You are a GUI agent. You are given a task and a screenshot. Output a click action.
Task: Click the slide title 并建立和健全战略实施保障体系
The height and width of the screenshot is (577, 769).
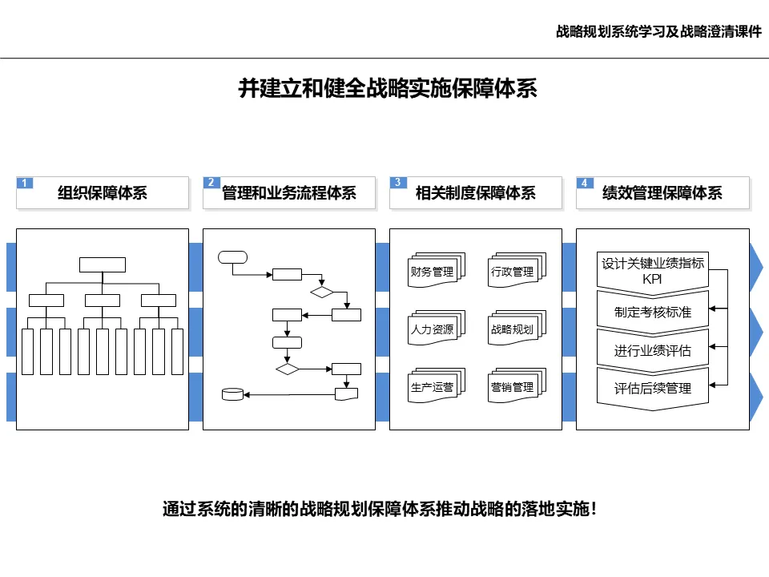click(x=388, y=88)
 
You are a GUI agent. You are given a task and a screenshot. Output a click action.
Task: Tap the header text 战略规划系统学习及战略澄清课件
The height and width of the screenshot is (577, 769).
click(x=658, y=33)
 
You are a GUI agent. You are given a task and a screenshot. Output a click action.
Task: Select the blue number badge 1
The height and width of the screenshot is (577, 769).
click(x=25, y=183)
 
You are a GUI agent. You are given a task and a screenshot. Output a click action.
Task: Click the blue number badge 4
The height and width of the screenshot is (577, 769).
click(x=585, y=183)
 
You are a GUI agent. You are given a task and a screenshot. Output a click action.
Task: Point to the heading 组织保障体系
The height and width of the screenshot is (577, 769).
click(x=103, y=193)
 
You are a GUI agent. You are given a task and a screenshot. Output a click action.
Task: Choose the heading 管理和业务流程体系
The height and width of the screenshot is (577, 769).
click(x=288, y=193)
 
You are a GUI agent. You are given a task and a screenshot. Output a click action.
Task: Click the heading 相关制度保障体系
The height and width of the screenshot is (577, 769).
click(x=476, y=193)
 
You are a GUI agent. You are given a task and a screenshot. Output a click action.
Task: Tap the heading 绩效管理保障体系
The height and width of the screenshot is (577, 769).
click(x=662, y=193)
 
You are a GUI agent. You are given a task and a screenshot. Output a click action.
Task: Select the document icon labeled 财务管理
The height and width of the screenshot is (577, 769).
click(x=432, y=272)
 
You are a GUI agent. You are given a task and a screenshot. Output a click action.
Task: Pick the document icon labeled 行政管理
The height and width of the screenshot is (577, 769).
click(x=513, y=272)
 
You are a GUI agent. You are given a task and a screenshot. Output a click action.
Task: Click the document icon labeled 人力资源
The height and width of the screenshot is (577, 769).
click(x=432, y=329)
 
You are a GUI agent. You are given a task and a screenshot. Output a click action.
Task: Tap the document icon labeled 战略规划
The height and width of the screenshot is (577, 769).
click(x=513, y=329)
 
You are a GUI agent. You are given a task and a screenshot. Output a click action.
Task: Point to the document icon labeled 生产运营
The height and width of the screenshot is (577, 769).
click(x=432, y=387)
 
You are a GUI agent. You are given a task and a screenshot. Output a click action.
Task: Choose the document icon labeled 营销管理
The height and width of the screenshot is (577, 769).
click(x=513, y=387)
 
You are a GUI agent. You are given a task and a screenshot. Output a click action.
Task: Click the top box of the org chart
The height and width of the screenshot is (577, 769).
click(x=103, y=264)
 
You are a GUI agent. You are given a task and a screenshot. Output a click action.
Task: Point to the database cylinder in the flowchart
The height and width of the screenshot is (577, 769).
click(x=232, y=393)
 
